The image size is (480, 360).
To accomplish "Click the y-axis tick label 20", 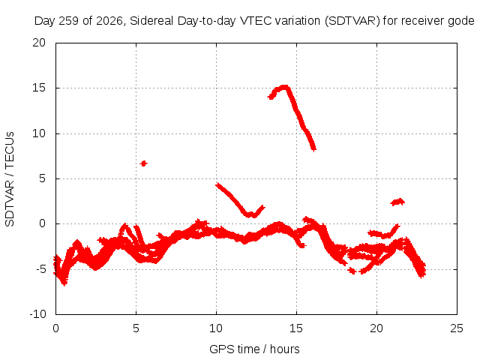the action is pos(39,43).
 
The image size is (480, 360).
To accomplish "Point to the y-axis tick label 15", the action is pos(39,88).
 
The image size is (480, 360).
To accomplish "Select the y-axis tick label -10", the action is pos(38,314).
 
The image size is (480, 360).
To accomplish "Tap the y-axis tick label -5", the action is pos(40,269).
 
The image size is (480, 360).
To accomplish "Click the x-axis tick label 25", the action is pos(457,328).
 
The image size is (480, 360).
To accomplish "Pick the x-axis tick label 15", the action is pos(296,328).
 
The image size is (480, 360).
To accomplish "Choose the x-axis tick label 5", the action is pos(136,328).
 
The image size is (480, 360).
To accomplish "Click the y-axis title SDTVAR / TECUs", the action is pos(10,179).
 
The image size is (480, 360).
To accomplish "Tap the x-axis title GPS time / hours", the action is pos(254,349).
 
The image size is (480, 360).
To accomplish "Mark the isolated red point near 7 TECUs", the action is pos(143,163).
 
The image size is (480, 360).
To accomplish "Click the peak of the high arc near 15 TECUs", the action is pos(285,87).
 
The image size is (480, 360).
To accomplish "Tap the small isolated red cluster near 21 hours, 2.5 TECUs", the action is pos(397,202).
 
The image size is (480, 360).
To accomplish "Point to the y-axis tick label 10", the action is pos(39,133).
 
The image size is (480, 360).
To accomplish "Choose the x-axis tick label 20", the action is pos(376,328).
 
